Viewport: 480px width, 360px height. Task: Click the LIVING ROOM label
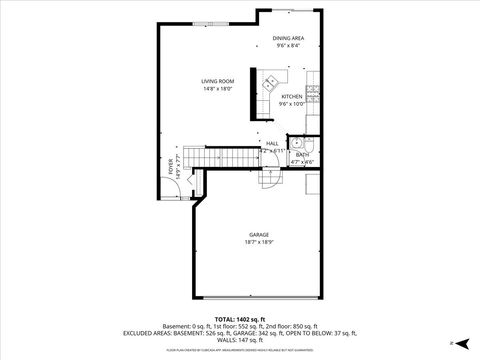tap(190, 81)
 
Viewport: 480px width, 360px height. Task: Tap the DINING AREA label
tap(289, 38)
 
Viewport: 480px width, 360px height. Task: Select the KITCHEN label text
tap(291, 97)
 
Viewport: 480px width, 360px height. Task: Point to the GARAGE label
tap(259, 235)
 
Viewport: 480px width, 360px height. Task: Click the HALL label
tap(272, 143)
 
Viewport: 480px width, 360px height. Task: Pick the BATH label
tap(301, 154)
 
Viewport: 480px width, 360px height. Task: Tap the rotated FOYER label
tap(170, 166)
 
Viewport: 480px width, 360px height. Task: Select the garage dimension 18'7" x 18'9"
tap(259, 242)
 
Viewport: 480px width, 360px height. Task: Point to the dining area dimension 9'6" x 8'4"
tap(289, 45)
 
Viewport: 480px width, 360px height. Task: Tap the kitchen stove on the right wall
tap(314, 96)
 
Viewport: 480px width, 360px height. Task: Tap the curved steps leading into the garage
tap(268, 177)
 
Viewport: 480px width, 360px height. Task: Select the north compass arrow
tap(451, 343)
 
